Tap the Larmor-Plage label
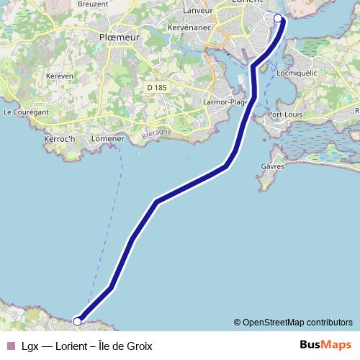pyautogui.click(x=225, y=102)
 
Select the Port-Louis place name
pyautogui.click(x=284, y=114)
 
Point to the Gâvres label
pyautogui.click(x=272, y=167)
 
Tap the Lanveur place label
pyautogui.click(x=199, y=10)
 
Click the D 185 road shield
pyautogui.click(x=156, y=87)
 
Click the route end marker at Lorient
pyautogui.click(x=278, y=18)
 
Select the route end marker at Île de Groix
pyautogui.click(x=77, y=321)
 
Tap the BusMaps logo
pyautogui.click(x=325, y=345)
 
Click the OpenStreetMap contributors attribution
pyautogui.click(x=293, y=322)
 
